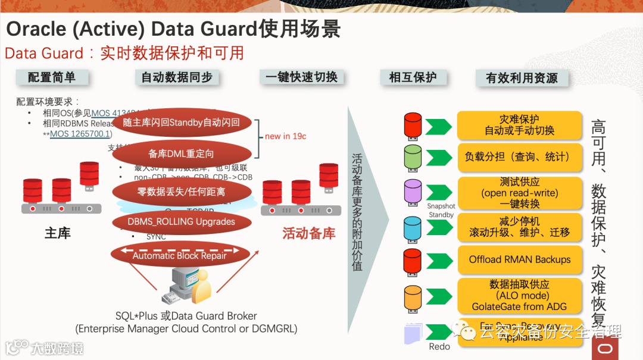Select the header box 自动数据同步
tap(177, 77)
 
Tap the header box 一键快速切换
tap(302, 77)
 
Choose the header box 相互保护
tap(413, 77)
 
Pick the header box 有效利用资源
tap(522, 78)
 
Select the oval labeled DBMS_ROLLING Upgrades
tap(181, 222)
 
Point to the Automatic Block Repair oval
tap(180, 255)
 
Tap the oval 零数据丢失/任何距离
tap(181, 192)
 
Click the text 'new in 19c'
tap(286, 136)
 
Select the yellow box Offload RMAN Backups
tap(519, 259)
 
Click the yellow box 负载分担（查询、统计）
tap(519, 157)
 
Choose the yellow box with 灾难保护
tap(519, 124)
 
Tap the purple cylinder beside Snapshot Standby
tap(413, 192)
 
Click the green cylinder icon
tap(413, 156)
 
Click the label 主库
tap(58, 233)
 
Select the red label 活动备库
tap(309, 233)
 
